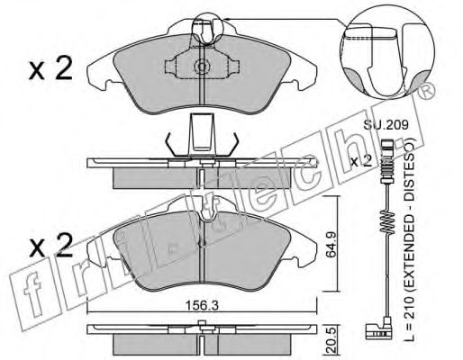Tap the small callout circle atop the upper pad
(206, 26)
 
